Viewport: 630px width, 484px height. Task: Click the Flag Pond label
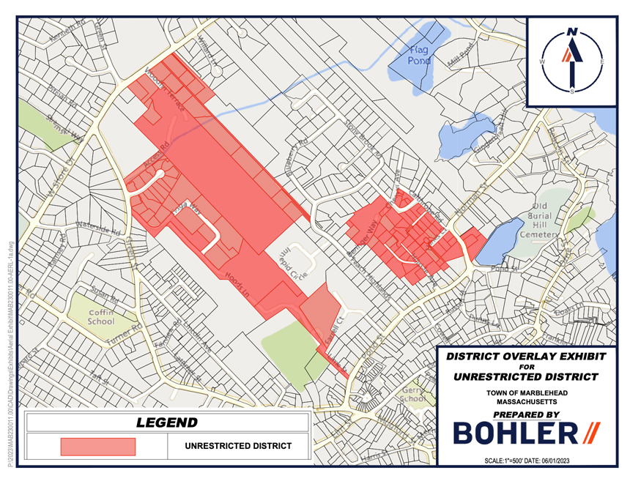[418, 55]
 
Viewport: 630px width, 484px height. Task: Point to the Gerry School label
[412, 395]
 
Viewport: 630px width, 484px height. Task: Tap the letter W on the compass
[542, 62]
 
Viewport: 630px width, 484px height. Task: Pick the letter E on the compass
[601, 62]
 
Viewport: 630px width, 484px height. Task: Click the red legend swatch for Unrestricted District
[97, 447]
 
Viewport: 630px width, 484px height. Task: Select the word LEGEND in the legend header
[167, 422]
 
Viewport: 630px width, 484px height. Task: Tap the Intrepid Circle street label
[292, 261]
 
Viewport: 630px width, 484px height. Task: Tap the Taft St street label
[99, 379]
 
